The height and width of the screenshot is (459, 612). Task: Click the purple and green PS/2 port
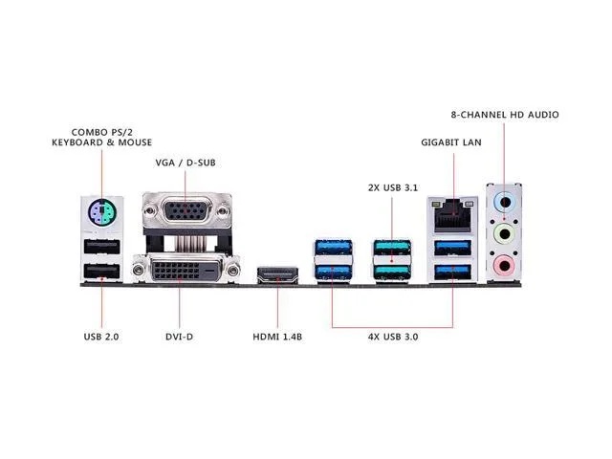[102, 212]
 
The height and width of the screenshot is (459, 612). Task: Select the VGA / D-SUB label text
[186, 163]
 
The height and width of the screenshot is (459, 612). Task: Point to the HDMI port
[277, 274]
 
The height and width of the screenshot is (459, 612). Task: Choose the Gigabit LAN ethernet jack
[452, 215]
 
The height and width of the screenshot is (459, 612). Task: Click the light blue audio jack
[505, 203]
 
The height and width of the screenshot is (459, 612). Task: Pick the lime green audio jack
[505, 234]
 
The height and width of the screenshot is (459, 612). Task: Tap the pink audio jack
[505, 266]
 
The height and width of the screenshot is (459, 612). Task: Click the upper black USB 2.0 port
[102, 247]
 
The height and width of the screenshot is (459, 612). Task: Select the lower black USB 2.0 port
[102, 272]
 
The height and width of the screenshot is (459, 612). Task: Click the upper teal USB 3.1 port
[392, 248]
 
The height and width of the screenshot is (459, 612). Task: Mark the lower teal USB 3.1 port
[392, 273]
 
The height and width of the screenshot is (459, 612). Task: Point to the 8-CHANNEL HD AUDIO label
[505, 115]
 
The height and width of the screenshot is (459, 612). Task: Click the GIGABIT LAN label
[451, 142]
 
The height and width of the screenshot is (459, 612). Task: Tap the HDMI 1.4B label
[277, 337]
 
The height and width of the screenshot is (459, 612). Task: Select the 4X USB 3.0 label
[393, 337]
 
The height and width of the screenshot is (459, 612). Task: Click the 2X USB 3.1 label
[393, 187]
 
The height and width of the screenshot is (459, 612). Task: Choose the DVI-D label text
[179, 337]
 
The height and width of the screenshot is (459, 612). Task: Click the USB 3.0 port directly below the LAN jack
[452, 248]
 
